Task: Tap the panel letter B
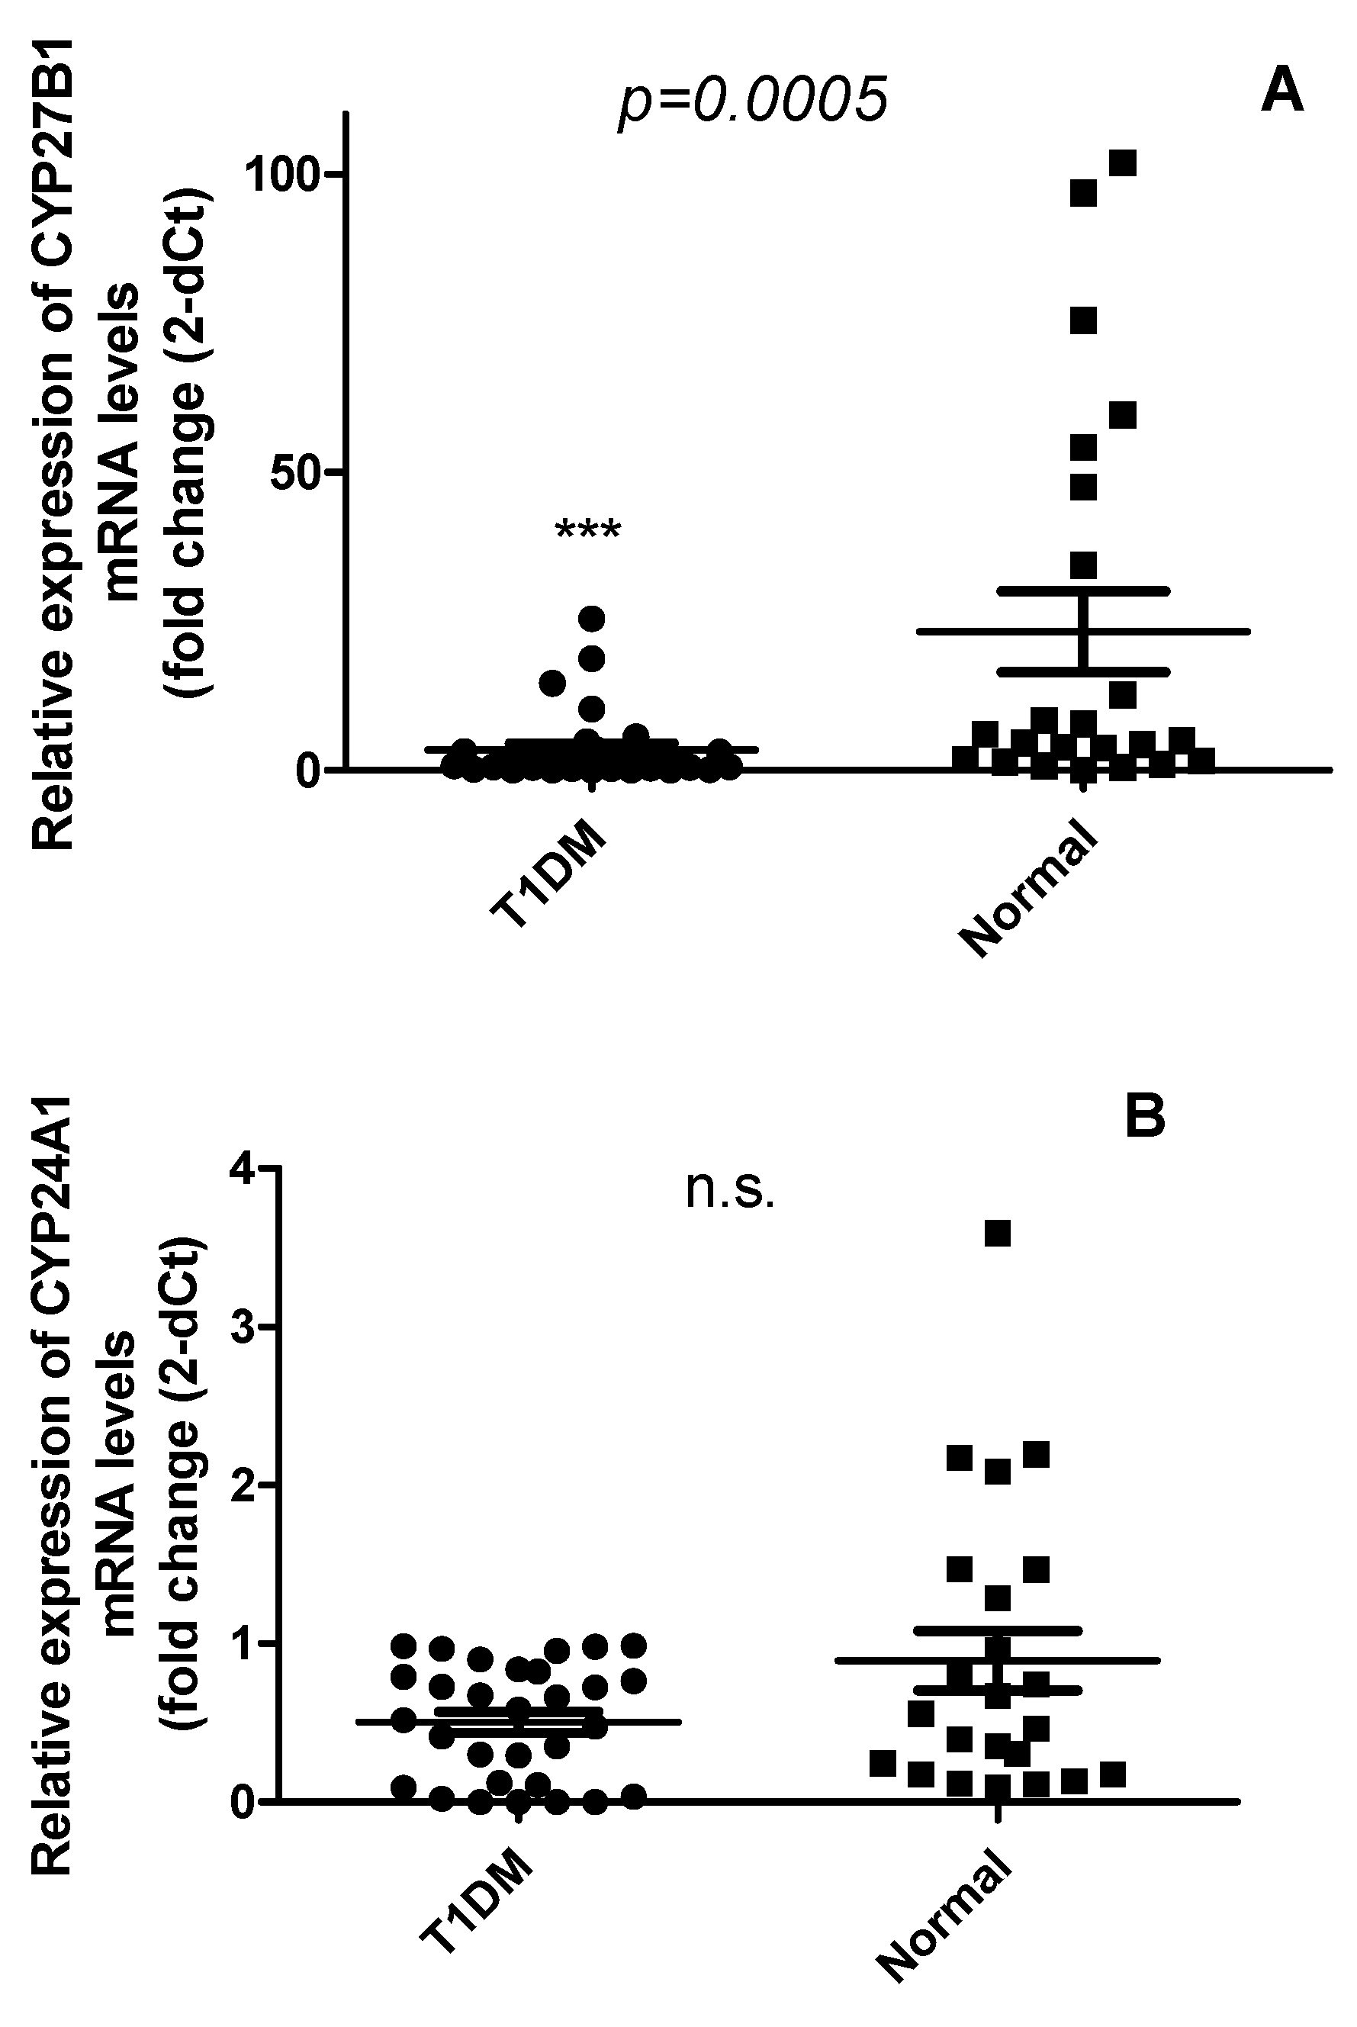pyautogui.click(x=1145, y=1118)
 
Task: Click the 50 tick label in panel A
pyautogui.click(x=296, y=472)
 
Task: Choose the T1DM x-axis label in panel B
pyautogui.click(x=478, y=1899)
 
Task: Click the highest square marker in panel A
pyautogui.click(x=1123, y=162)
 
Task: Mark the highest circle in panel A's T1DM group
pyautogui.click(x=591, y=618)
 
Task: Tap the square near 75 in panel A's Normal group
pyautogui.click(x=1083, y=320)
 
